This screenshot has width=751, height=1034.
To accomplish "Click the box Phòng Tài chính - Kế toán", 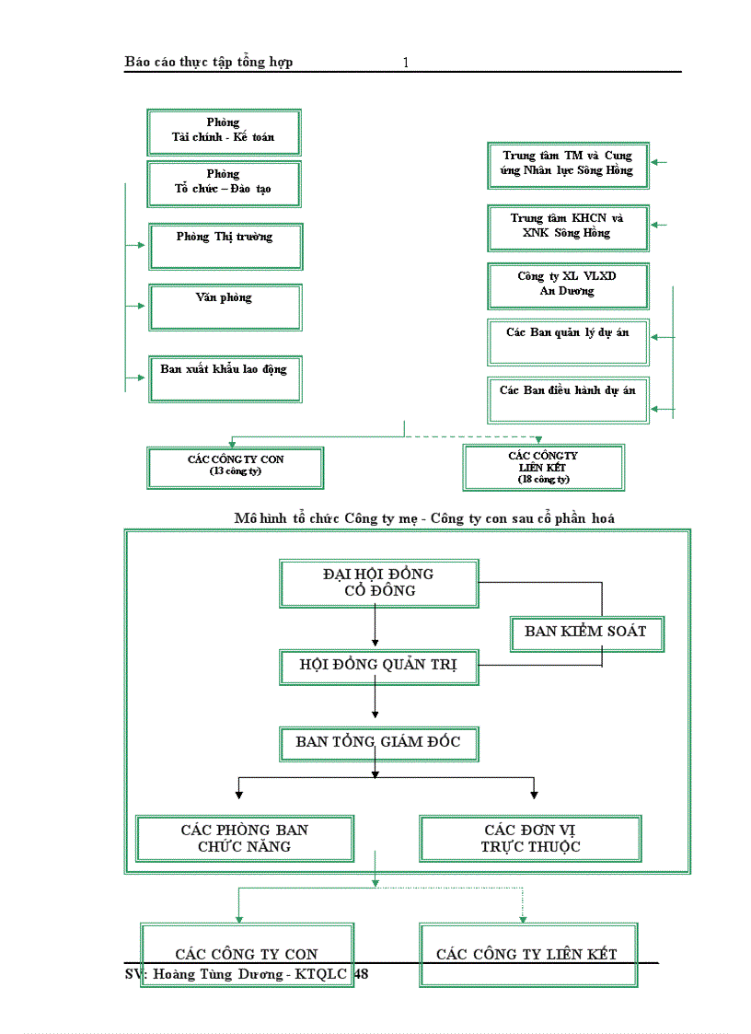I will click(x=224, y=132).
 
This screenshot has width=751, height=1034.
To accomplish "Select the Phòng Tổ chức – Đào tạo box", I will click(x=224, y=183).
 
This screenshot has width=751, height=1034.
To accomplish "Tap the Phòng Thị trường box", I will click(x=225, y=246).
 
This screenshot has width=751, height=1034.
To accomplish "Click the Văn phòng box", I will click(x=225, y=307).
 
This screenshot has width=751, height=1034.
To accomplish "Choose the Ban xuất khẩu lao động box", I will click(x=225, y=378).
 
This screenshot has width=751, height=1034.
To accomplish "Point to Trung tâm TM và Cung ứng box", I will click(x=568, y=165).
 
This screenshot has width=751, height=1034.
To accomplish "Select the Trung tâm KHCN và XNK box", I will click(x=568, y=227).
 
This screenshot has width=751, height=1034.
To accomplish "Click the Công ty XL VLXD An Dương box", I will click(x=568, y=285).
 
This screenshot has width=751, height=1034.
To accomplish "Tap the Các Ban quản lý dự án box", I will click(x=568, y=342).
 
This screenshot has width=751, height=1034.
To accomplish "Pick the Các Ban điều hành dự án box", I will click(x=568, y=400).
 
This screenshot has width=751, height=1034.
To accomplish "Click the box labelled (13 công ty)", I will click(x=236, y=468).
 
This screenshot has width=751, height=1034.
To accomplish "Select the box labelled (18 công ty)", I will click(x=544, y=468).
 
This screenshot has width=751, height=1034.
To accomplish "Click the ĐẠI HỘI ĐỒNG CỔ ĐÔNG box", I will click(x=378, y=583).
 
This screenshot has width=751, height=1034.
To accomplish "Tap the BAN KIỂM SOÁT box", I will click(x=586, y=633).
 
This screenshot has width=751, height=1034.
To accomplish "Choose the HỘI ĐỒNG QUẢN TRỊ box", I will click(x=378, y=667).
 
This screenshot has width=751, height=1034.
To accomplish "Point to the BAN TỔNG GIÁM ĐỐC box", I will click(x=378, y=743).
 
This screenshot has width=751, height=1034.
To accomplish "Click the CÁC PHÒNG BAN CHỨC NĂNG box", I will click(x=245, y=838).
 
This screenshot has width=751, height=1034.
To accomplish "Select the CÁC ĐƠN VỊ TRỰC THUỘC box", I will click(x=530, y=838).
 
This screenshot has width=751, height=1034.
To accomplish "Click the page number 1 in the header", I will click(x=406, y=63).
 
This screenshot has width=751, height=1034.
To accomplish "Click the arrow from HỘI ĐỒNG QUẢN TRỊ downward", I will click(x=375, y=701).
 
